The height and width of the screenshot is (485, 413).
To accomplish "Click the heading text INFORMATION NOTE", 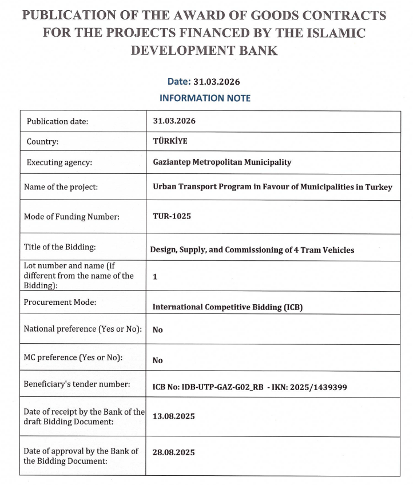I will coord(205,98).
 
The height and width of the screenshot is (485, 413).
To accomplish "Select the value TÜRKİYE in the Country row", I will coord(170,141).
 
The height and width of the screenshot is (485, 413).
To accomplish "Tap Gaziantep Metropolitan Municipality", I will coord(222,162).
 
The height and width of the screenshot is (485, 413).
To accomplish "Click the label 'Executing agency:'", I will coord(59,162).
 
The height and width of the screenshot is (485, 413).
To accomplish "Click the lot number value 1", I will coord(155,276).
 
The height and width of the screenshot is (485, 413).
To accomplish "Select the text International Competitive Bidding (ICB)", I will coord(227,307).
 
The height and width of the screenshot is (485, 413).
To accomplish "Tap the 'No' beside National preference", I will coord(157,329).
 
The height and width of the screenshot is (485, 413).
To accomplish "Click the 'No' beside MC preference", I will coord(157,360).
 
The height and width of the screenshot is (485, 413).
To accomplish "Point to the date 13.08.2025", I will coord(173,416).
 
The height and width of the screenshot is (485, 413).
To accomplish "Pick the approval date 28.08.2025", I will coord(173,452).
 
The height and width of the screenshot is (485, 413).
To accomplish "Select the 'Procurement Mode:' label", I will coord(59,302).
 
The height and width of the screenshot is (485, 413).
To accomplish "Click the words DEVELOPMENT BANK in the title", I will coord(204,50).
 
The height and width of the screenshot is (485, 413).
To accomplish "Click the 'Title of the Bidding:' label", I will coord(59,247).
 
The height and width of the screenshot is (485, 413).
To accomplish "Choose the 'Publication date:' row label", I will coord(57,121).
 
